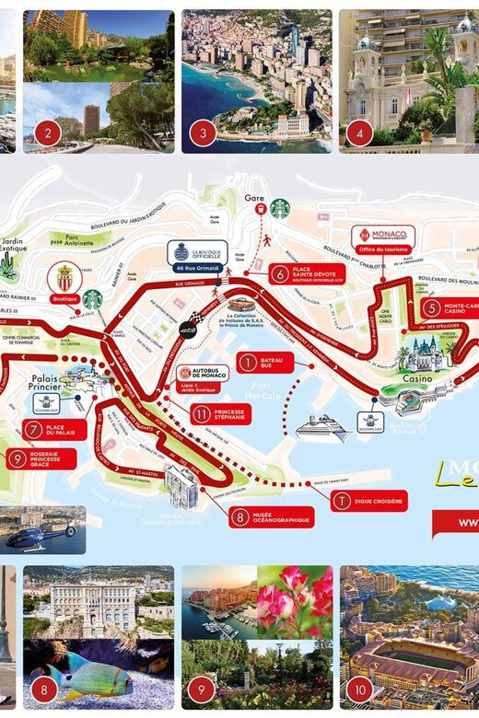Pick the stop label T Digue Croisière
tap(365, 501)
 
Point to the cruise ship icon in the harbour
tap(322, 429)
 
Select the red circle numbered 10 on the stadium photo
tap(360, 687)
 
